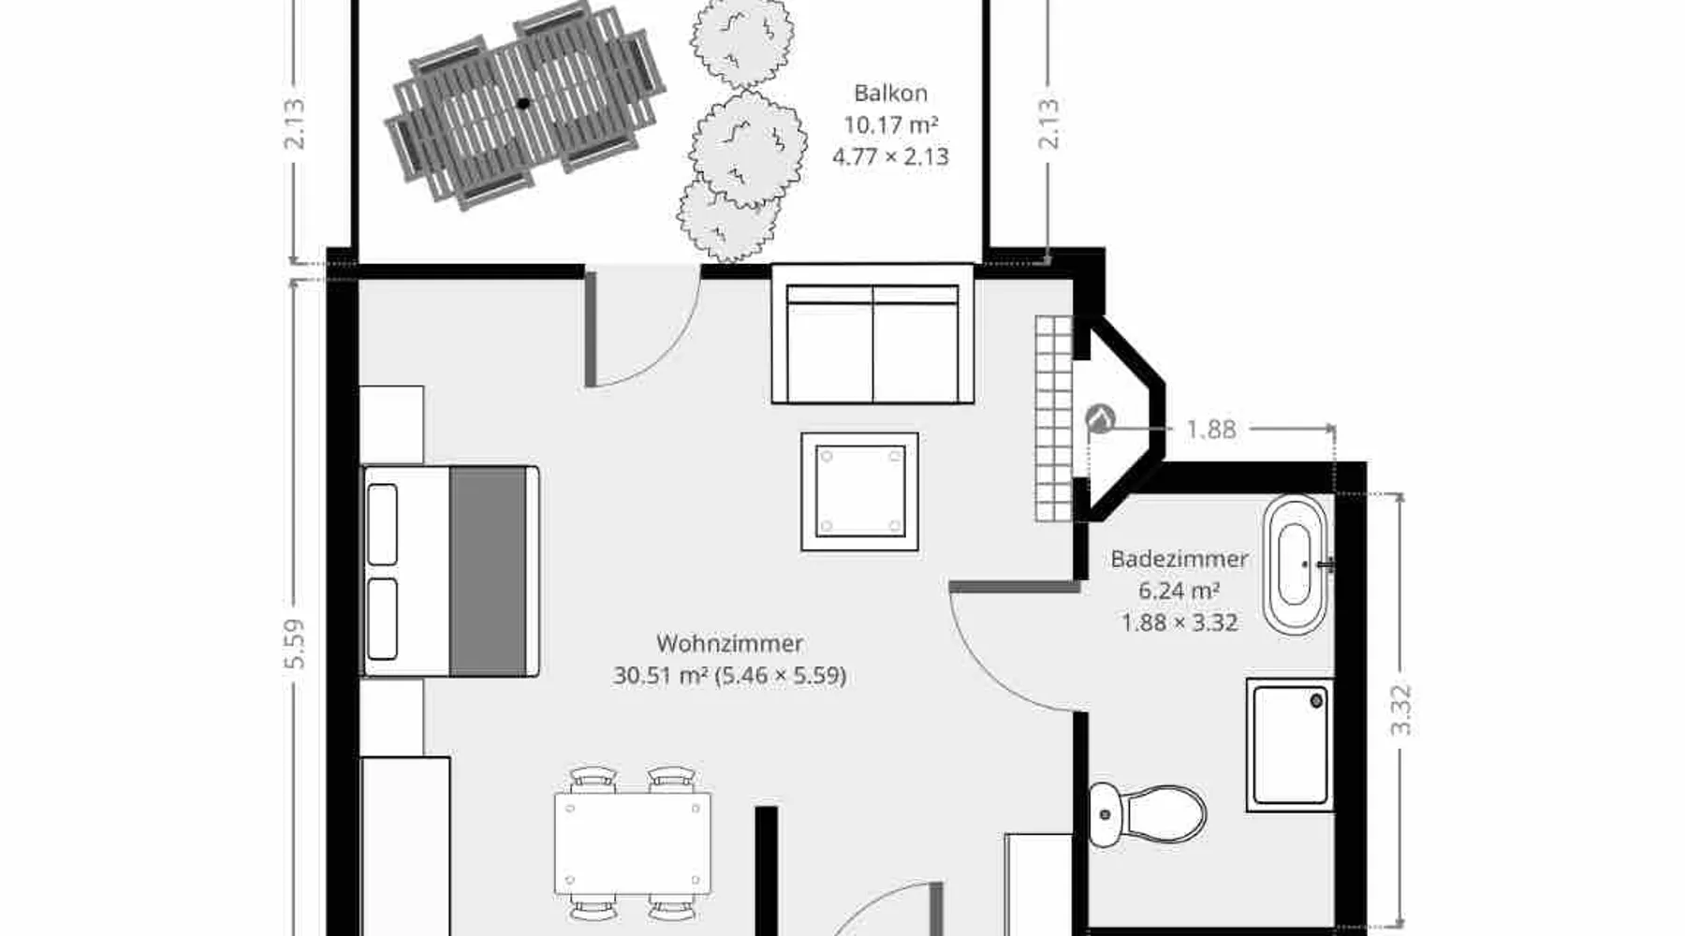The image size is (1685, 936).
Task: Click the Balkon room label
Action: click(890, 93)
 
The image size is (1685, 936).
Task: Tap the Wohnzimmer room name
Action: click(729, 643)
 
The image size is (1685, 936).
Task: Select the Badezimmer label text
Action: click(1179, 559)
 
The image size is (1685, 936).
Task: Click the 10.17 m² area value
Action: click(890, 124)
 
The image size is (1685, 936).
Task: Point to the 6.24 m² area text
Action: click(1179, 591)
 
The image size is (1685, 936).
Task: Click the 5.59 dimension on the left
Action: click(294, 644)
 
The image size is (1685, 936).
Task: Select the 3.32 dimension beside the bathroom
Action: click(1399, 710)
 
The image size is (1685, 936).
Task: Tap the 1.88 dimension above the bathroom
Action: click(1211, 430)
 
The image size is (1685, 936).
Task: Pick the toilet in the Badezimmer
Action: click(1147, 814)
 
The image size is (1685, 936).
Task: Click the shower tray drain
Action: click(1316, 700)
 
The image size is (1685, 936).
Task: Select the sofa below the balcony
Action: click(872, 334)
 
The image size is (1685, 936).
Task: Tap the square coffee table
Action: click(859, 491)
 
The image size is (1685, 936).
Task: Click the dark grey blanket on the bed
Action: click(488, 571)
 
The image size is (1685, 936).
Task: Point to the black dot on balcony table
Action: click(523, 103)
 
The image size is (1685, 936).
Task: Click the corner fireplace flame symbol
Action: click(1101, 418)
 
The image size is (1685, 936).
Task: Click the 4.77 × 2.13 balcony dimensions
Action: click(890, 156)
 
